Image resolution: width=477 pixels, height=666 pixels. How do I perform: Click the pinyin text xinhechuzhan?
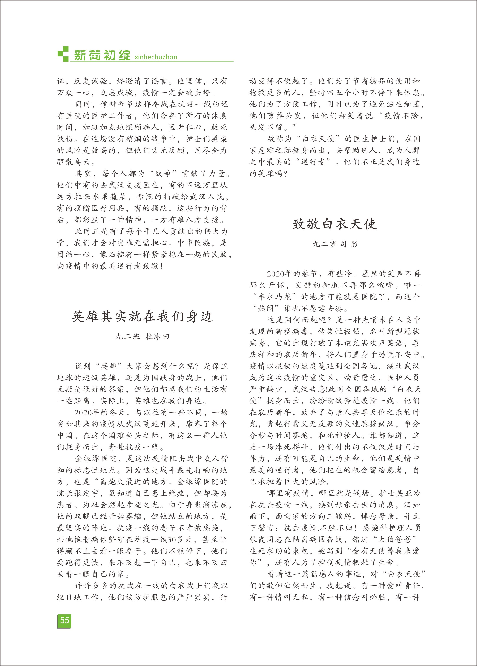156,57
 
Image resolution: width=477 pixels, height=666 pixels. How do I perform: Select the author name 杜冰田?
157,337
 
